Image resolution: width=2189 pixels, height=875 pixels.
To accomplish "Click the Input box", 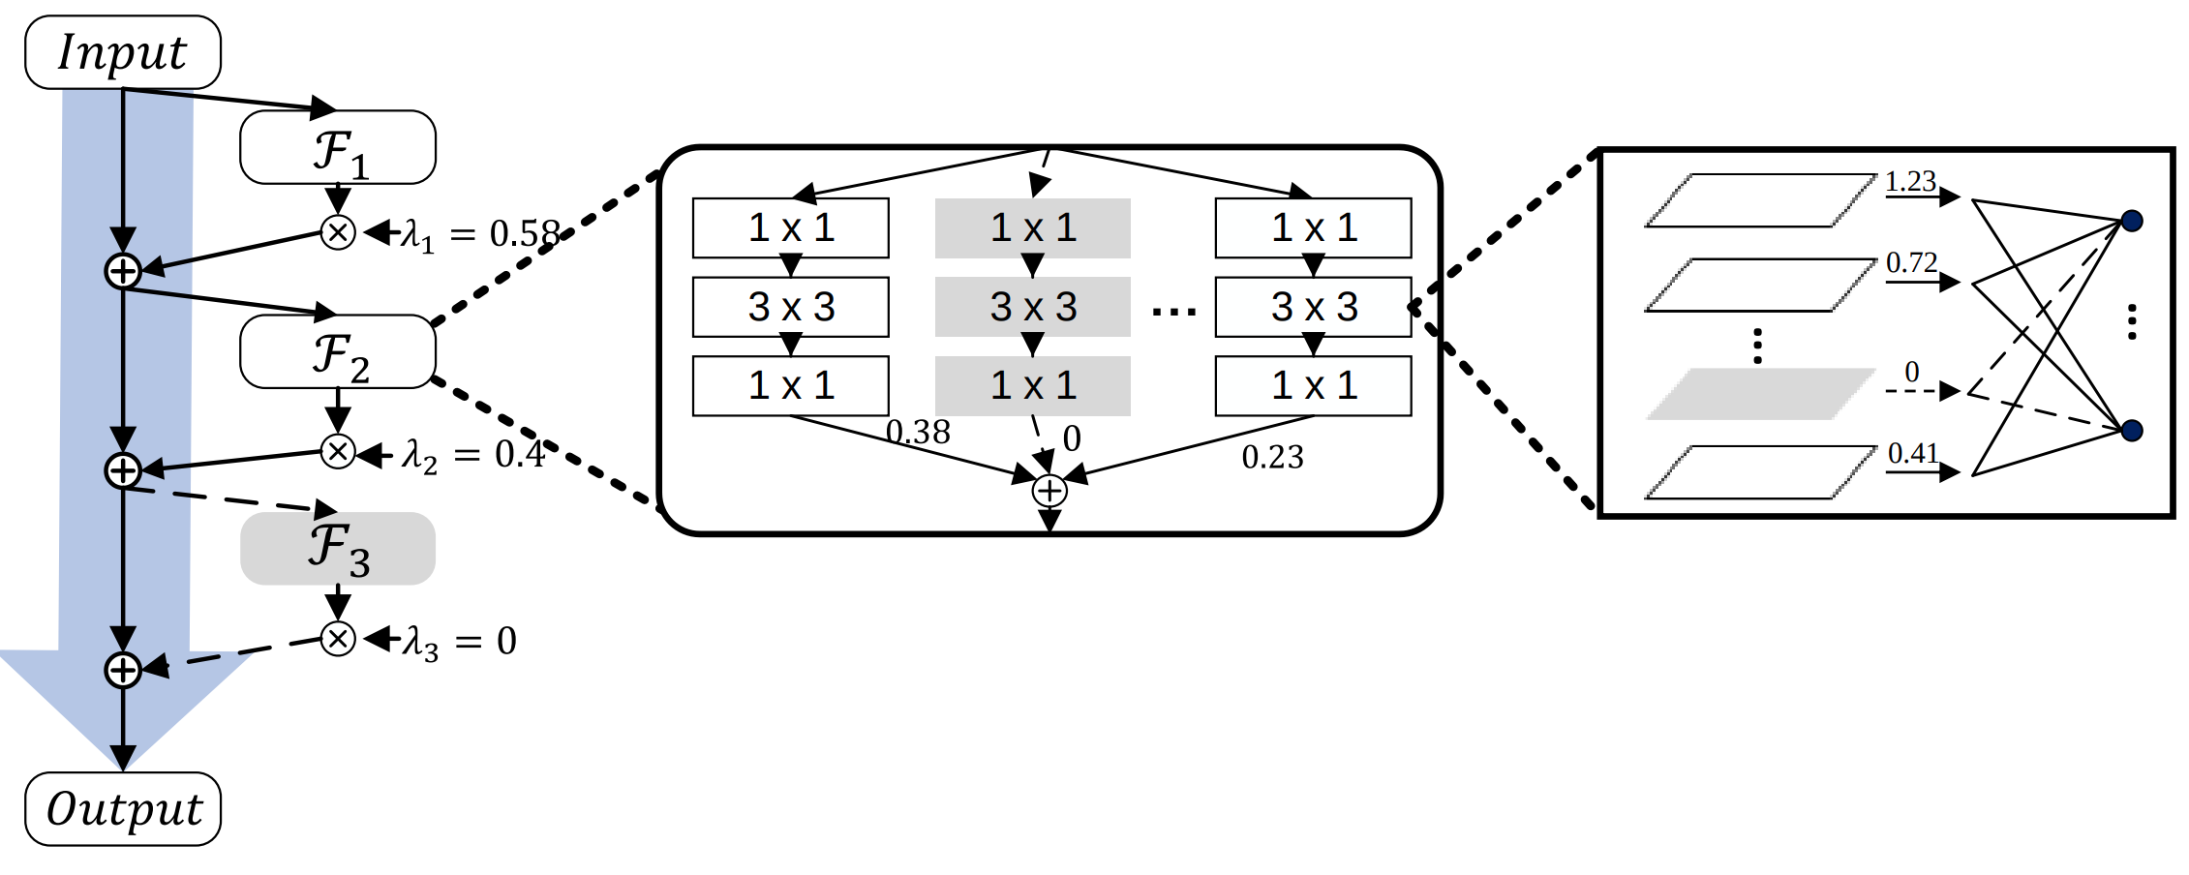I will (123, 52).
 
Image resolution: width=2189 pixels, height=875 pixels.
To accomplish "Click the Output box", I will (123, 809).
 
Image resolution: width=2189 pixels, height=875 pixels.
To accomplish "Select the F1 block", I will (337, 148).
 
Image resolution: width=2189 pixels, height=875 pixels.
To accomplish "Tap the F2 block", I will (337, 352).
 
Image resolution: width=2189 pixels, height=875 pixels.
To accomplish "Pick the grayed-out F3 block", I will (337, 549).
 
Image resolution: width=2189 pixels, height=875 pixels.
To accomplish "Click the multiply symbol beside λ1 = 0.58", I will (338, 232).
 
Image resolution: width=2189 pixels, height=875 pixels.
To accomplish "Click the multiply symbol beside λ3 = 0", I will (338, 639).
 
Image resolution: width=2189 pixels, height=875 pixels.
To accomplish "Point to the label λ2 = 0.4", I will (472, 454).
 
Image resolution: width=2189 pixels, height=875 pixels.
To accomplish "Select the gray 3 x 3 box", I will (1032, 307).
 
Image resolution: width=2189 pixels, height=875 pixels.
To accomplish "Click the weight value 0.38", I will (918, 433).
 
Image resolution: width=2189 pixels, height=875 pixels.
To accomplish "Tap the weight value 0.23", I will (1272, 457).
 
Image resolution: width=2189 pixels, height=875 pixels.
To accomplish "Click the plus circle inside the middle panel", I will (1049, 491).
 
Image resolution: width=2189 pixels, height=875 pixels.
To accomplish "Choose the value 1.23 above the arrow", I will (1909, 182).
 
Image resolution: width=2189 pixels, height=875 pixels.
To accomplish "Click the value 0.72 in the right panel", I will (1910, 263).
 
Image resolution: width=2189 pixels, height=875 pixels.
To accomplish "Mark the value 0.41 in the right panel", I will (1912, 453).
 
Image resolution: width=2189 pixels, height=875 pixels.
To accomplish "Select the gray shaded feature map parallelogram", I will (1760, 394).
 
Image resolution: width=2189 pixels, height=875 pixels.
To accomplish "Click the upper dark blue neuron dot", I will (2131, 221).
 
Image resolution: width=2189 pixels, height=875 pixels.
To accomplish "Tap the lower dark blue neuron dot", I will (2131, 431).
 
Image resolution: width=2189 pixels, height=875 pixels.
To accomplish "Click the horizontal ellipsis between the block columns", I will (1173, 312).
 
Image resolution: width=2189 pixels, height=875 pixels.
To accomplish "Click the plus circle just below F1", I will (123, 271).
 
